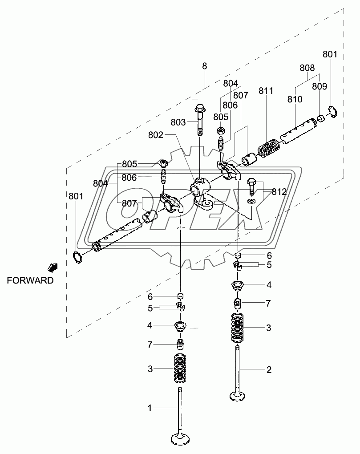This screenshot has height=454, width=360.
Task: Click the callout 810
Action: pos(295,99)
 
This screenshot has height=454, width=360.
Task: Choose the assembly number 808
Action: pos(307,68)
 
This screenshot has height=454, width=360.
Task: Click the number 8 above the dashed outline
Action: pos(204,66)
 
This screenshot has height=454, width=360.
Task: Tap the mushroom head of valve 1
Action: pos(182,438)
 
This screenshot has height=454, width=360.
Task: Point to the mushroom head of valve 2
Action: pos(239,395)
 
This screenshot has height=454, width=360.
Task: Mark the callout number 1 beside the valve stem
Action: pos(150,407)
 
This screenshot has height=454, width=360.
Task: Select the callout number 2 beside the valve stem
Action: pos(268,369)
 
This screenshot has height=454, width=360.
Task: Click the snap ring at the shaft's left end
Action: pos(78,257)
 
